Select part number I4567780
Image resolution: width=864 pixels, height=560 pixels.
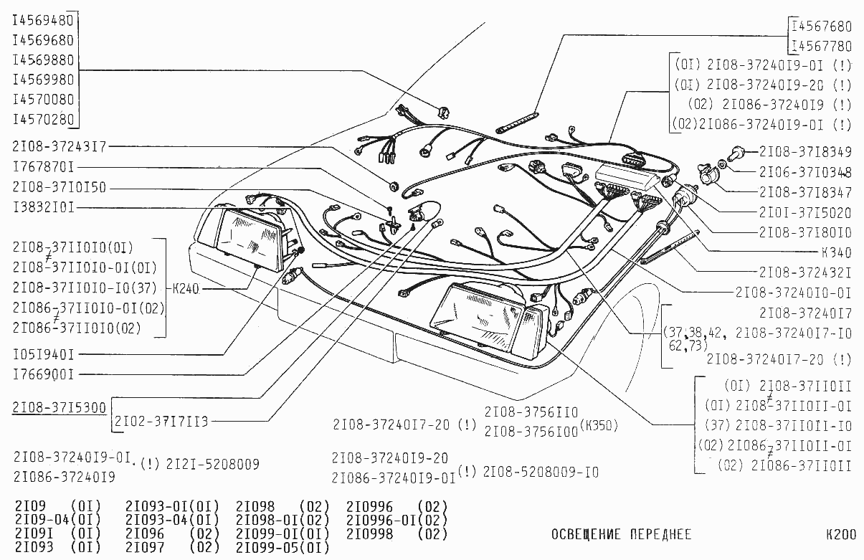[822, 47]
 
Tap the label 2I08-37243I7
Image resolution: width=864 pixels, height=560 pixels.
[59, 147]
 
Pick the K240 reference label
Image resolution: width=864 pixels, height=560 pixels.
[185, 289]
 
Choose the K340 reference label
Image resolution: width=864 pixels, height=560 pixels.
[837, 253]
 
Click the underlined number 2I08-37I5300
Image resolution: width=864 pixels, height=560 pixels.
[59, 407]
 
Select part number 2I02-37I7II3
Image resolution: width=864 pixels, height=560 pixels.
[161, 421]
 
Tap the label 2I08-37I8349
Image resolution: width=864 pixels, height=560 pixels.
[805, 152]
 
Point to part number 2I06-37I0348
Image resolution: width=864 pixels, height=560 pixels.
[805, 172]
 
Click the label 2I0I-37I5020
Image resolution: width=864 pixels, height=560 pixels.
[805, 213]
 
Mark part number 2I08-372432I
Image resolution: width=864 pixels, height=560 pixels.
[805, 272]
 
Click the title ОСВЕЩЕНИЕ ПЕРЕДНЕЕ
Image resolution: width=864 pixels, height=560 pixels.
[621, 535]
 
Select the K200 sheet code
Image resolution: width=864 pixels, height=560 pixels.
[840, 535]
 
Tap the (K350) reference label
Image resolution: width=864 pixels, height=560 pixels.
[599, 424]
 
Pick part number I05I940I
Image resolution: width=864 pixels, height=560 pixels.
[43, 354]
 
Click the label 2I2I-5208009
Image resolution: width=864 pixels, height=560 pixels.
[213, 464]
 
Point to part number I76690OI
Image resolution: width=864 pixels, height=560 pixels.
[43, 374]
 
